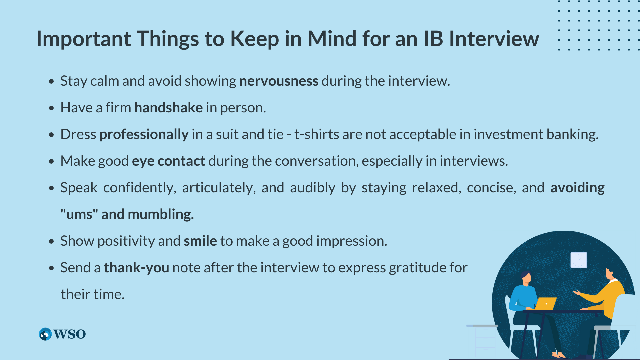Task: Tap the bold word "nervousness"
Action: click(x=279, y=81)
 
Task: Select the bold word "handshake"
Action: click(x=168, y=107)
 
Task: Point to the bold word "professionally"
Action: click(x=144, y=135)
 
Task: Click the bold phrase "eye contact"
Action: click(x=169, y=161)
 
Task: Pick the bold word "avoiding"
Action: click(x=577, y=188)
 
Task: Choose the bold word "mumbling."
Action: click(x=161, y=214)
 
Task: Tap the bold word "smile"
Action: click(x=200, y=241)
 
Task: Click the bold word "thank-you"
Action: click(x=136, y=268)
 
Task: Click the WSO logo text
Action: click(x=69, y=334)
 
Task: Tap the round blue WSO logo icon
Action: click(x=45, y=334)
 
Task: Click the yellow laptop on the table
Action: click(x=545, y=304)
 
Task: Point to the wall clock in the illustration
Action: click(x=579, y=260)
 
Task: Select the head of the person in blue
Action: click(x=526, y=277)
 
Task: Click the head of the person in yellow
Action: click(x=610, y=273)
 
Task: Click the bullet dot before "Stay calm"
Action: click(x=51, y=81)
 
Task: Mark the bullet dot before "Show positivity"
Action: click(x=51, y=241)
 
